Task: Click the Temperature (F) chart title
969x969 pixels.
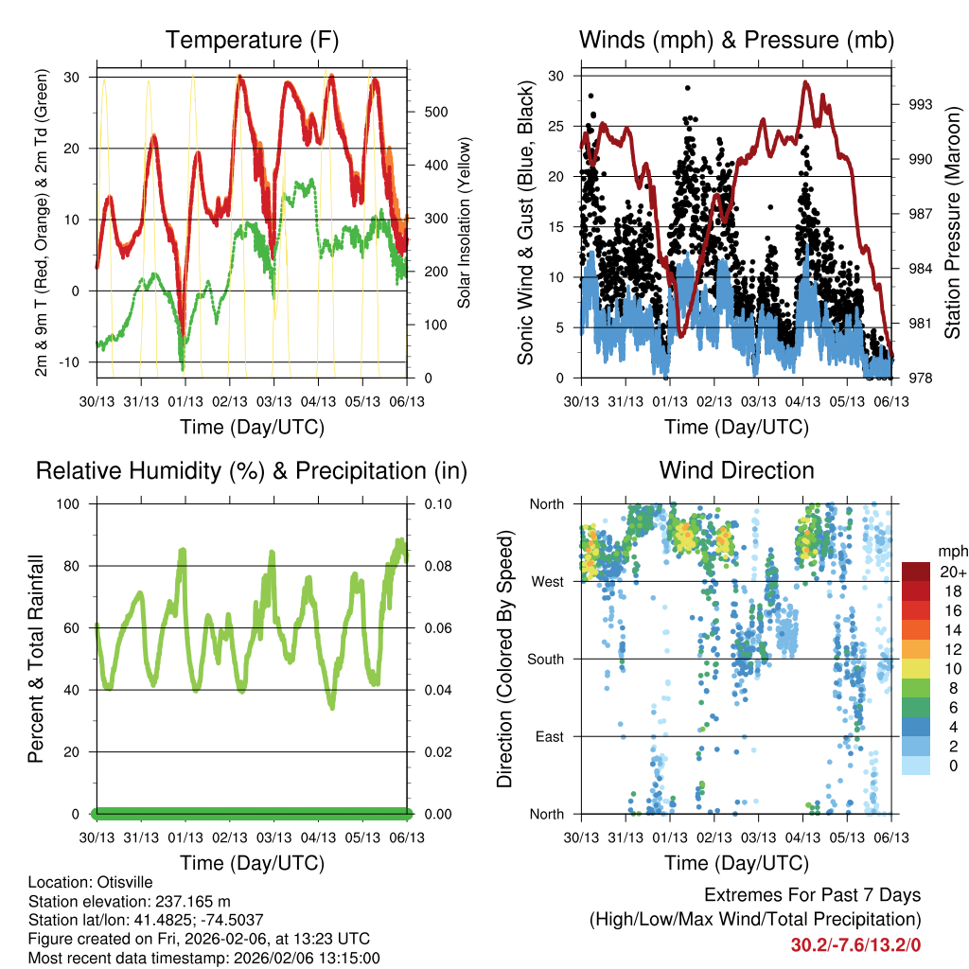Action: (252, 40)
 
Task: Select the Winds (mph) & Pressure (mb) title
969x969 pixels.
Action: (736, 40)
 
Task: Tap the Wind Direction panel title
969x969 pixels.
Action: (736, 470)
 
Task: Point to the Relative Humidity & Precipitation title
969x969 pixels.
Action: (252, 470)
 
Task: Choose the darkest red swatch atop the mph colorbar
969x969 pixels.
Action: (916, 572)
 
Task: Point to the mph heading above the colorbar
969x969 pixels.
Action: (950, 551)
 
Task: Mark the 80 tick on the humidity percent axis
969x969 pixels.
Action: (78, 566)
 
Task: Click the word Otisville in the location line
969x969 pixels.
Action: (122, 881)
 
